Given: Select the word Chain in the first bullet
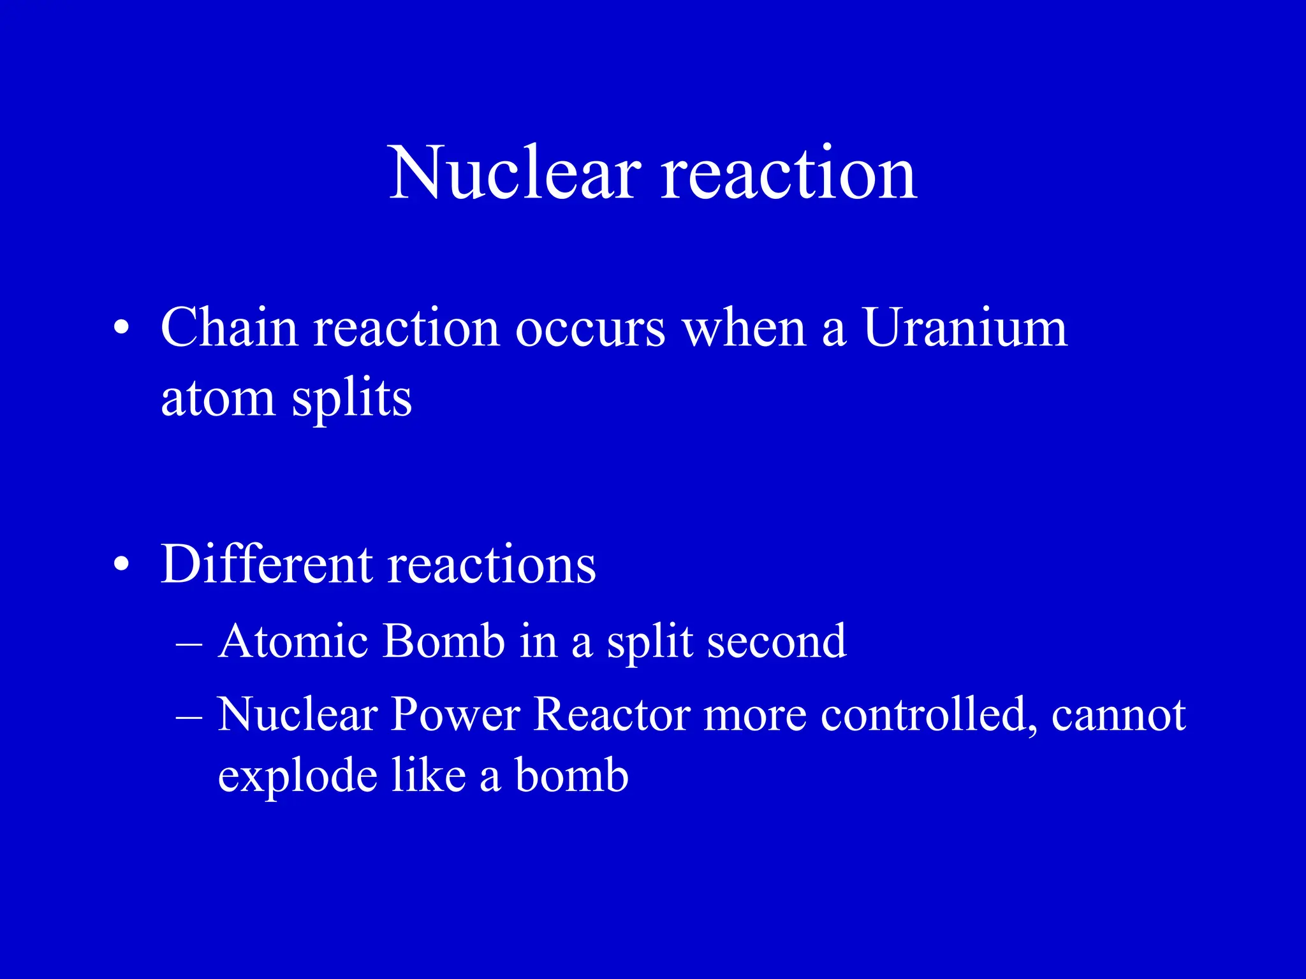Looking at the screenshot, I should [229, 328].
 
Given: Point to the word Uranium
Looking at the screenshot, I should [965, 328].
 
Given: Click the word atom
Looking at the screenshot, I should [217, 398].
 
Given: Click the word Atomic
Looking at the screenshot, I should [293, 641].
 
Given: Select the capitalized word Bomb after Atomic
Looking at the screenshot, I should [444, 641].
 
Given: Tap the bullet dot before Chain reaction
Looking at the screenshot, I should [121, 329].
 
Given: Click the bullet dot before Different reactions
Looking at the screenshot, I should [121, 565].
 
